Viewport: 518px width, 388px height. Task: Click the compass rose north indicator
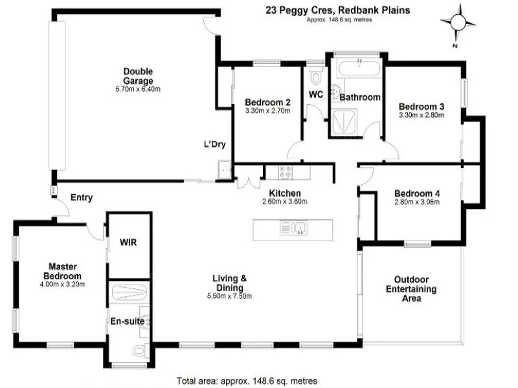click(457, 23)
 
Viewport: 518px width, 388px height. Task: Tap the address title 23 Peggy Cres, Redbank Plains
click(339, 10)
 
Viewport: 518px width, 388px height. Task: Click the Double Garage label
click(139, 76)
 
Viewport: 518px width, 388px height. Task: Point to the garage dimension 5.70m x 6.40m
click(138, 89)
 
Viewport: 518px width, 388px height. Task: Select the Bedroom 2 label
click(267, 102)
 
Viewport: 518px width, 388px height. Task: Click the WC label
click(316, 94)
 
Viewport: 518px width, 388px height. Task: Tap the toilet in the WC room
click(316, 78)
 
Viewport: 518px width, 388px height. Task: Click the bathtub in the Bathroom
click(357, 68)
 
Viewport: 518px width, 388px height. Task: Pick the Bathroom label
click(360, 97)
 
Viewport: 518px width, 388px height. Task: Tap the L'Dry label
click(214, 145)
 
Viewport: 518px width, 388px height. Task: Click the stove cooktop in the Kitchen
click(285, 173)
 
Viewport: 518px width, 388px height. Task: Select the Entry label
click(82, 198)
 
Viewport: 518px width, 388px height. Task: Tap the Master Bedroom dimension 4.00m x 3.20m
click(63, 283)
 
